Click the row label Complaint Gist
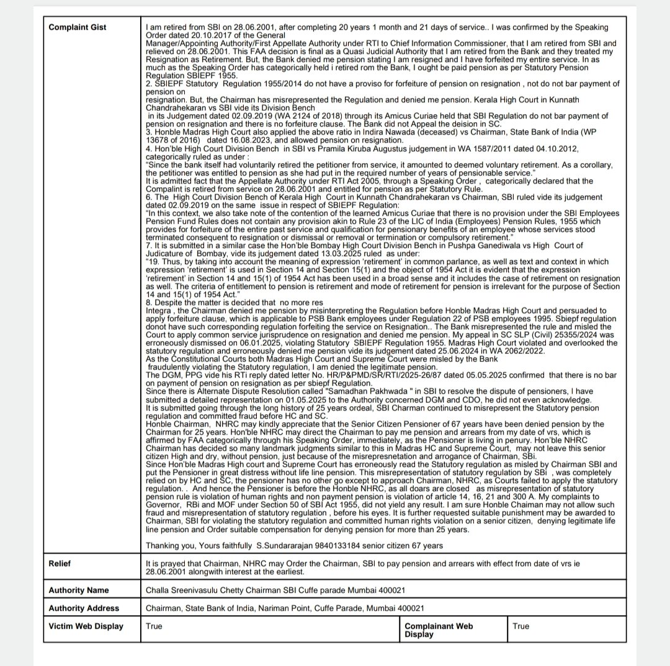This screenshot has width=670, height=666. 78,27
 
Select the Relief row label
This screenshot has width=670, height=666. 61,563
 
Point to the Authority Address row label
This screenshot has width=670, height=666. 84,608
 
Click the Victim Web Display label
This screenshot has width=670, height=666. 86,626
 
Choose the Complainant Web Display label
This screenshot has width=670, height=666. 439,630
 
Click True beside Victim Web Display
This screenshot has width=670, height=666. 154,626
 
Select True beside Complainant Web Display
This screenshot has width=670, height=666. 522,626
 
